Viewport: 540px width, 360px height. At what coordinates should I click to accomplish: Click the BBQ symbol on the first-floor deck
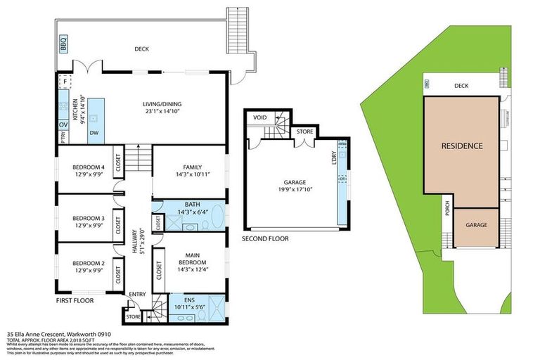pyautogui.click(x=63, y=44)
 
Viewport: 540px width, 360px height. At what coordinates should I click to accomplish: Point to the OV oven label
pyautogui.click(x=63, y=125)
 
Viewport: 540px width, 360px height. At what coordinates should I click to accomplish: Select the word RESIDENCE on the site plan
pyautogui.click(x=461, y=146)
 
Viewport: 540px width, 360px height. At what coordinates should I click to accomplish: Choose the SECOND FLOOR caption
pyautogui.click(x=264, y=238)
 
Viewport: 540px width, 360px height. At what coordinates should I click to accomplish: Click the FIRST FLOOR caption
pyautogui.click(x=75, y=300)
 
